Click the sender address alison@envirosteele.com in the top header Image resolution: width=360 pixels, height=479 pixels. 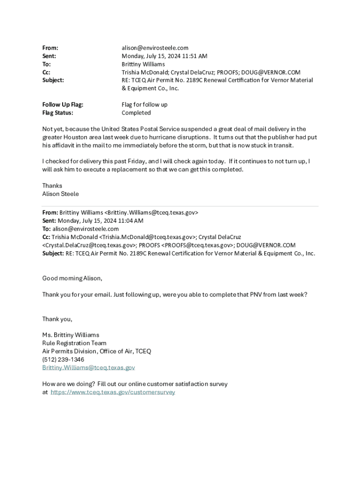[155, 48]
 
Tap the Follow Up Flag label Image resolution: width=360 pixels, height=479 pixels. [63, 105]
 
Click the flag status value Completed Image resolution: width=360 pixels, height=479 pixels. [136, 113]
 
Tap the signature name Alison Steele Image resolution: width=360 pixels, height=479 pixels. [60, 194]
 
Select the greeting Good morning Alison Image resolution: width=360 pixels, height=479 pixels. [72, 278]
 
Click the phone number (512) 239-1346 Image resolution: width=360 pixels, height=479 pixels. [63, 359]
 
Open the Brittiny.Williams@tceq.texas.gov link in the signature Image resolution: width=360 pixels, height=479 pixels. [88, 368]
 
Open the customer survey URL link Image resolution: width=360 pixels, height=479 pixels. [113, 392]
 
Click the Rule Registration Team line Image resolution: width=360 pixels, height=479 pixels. [74, 343]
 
